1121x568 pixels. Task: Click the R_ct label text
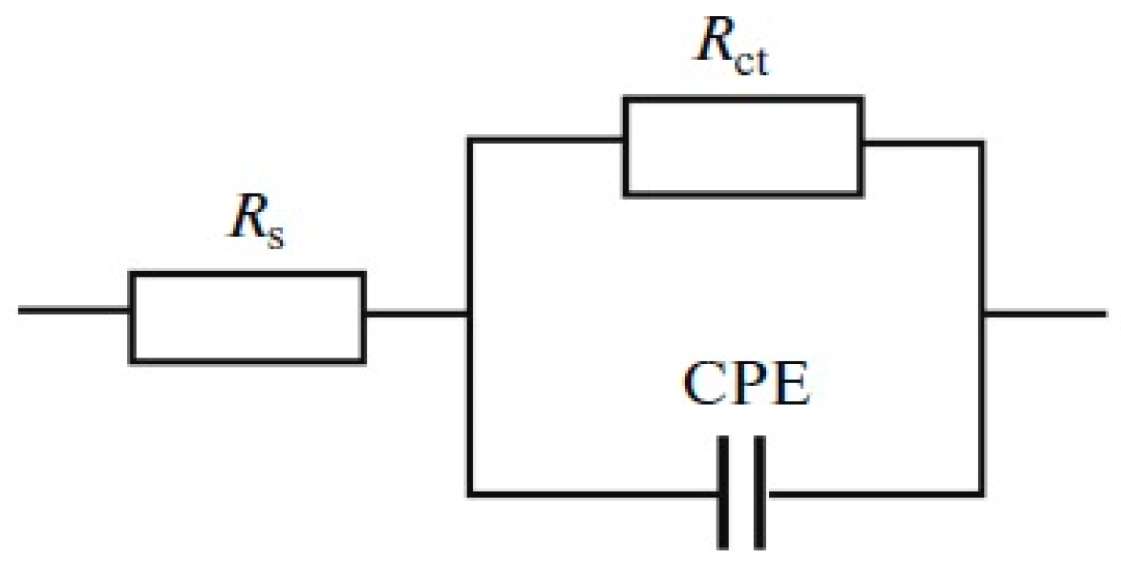pyautogui.click(x=732, y=46)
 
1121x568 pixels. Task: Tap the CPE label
pyautogui.click(x=747, y=384)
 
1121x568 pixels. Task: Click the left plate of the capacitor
pyautogui.click(x=722, y=493)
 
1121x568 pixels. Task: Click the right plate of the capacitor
pyautogui.click(x=759, y=493)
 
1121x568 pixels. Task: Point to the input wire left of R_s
pyautogui.click(x=74, y=311)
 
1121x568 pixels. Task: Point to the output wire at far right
pyautogui.click(x=1046, y=314)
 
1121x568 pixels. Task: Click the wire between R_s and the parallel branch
pyautogui.click(x=417, y=314)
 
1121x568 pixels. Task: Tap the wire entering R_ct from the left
pyautogui.click(x=544, y=140)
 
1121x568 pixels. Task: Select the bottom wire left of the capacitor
pyautogui.click(x=594, y=494)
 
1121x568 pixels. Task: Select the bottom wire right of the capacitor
pyautogui.click(x=877, y=494)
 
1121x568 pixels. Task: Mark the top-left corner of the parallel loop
pyautogui.click(x=470, y=140)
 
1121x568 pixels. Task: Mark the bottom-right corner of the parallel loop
pyautogui.click(x=981, y=494)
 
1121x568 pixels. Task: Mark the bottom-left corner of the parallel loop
pyautogui.click(x=470, y=494)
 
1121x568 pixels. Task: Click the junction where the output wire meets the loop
pyautogui.click(x=981, y=314)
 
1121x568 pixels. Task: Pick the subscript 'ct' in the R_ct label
pyautogui.click(x=751, y=61)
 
